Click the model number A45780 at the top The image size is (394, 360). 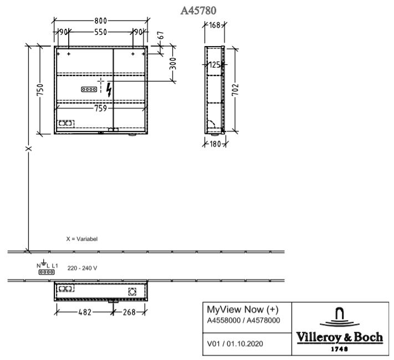point(198,11)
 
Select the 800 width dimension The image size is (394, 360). point(100,21)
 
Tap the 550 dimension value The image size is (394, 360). point(100,32)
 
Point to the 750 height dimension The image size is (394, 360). point(40,90)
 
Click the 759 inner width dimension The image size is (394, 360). point(100,108)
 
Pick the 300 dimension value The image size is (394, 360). point(173,64)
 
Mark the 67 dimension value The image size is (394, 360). point(161,35)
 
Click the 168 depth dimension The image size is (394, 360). point(214,25)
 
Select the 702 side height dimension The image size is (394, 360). point(235,90)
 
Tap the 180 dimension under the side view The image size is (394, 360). point(215,144)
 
